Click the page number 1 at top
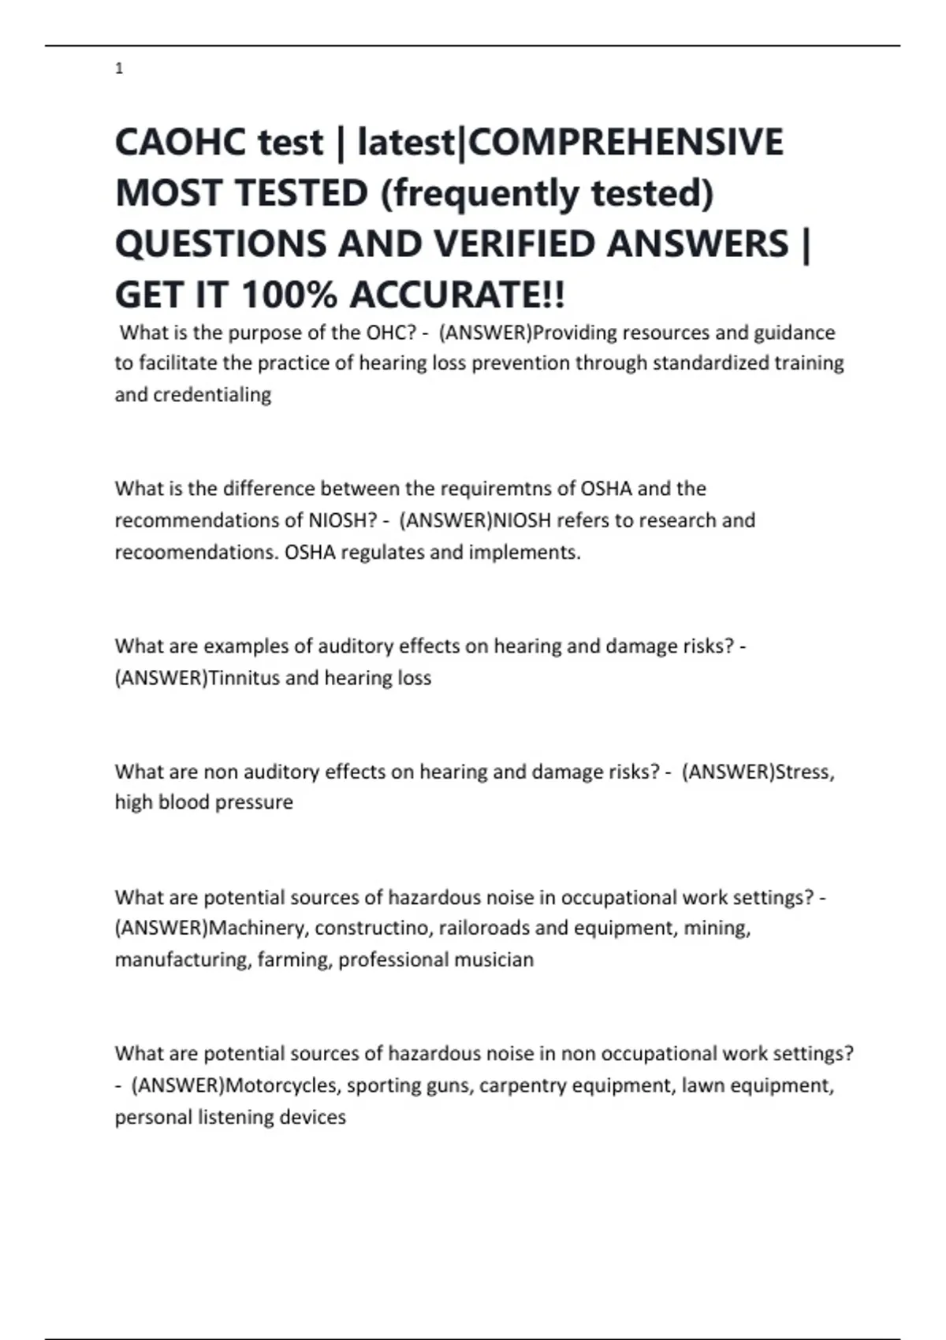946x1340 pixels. coord(119,69)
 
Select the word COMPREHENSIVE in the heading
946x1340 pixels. coord(626,143)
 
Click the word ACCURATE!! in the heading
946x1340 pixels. coord(457,295)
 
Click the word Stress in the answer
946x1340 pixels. coord(803,772)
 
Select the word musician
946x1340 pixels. coord(497,960)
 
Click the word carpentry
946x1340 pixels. coord(522,1085)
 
